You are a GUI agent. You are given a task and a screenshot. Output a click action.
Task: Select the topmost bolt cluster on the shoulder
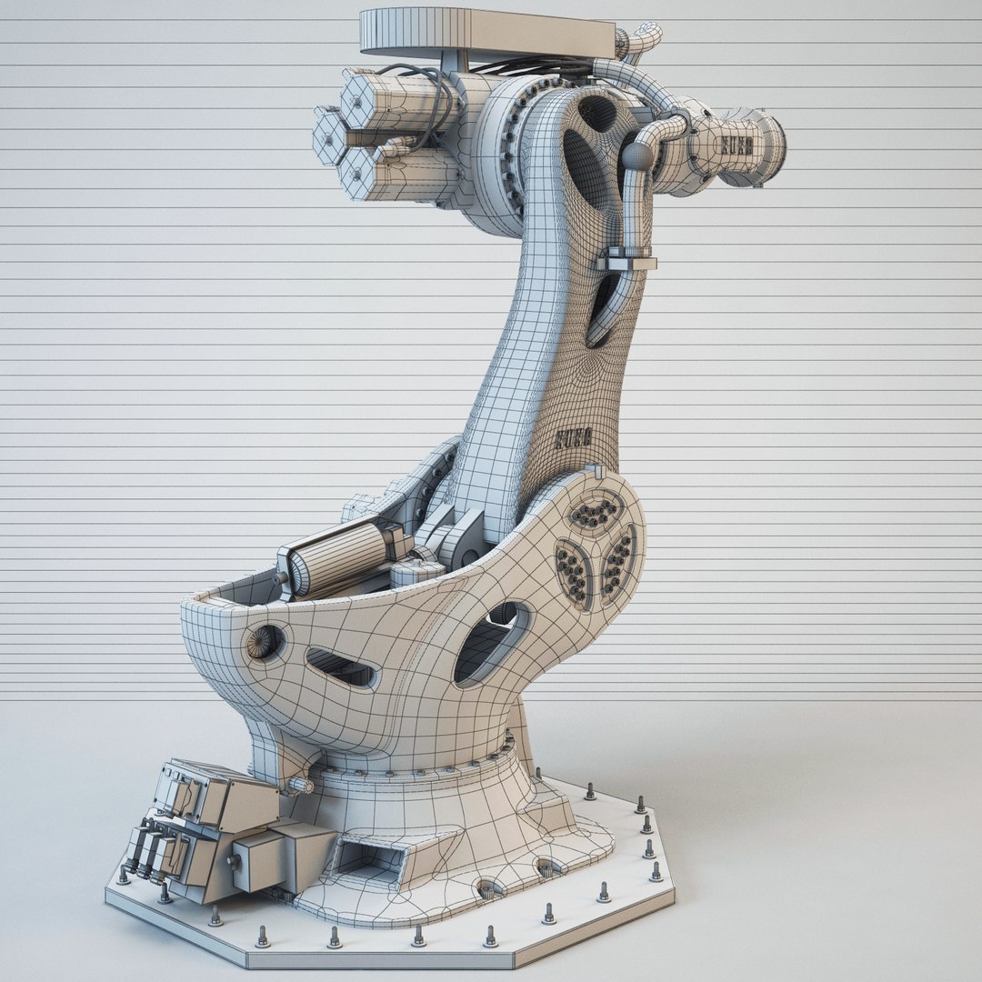coord(595,513)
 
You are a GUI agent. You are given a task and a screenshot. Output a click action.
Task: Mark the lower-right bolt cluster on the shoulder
coord(618,564)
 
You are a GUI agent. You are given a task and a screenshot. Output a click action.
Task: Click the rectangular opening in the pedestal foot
coord(367,858)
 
